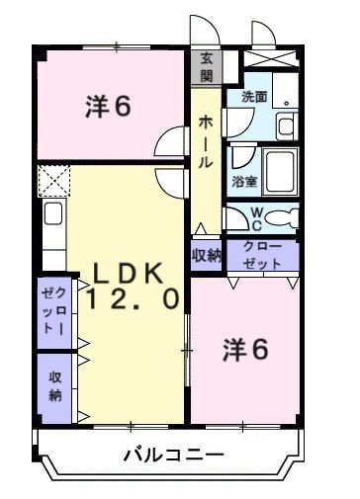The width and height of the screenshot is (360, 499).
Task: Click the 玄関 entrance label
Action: click(207, 66)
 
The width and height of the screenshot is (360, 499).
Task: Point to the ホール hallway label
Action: click(206, 141)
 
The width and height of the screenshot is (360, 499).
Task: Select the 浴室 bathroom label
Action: click(243, 182)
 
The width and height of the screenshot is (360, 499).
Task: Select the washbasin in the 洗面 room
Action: click(286, 125)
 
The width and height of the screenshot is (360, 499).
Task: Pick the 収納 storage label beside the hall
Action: click(207, 255)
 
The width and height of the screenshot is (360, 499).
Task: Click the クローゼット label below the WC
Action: click(262, 255)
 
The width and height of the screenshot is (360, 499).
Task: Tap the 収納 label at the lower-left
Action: click(53, 385)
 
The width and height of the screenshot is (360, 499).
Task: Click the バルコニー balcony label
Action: click(173, 456)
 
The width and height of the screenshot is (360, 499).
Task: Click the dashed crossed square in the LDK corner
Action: click(52, 181)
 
